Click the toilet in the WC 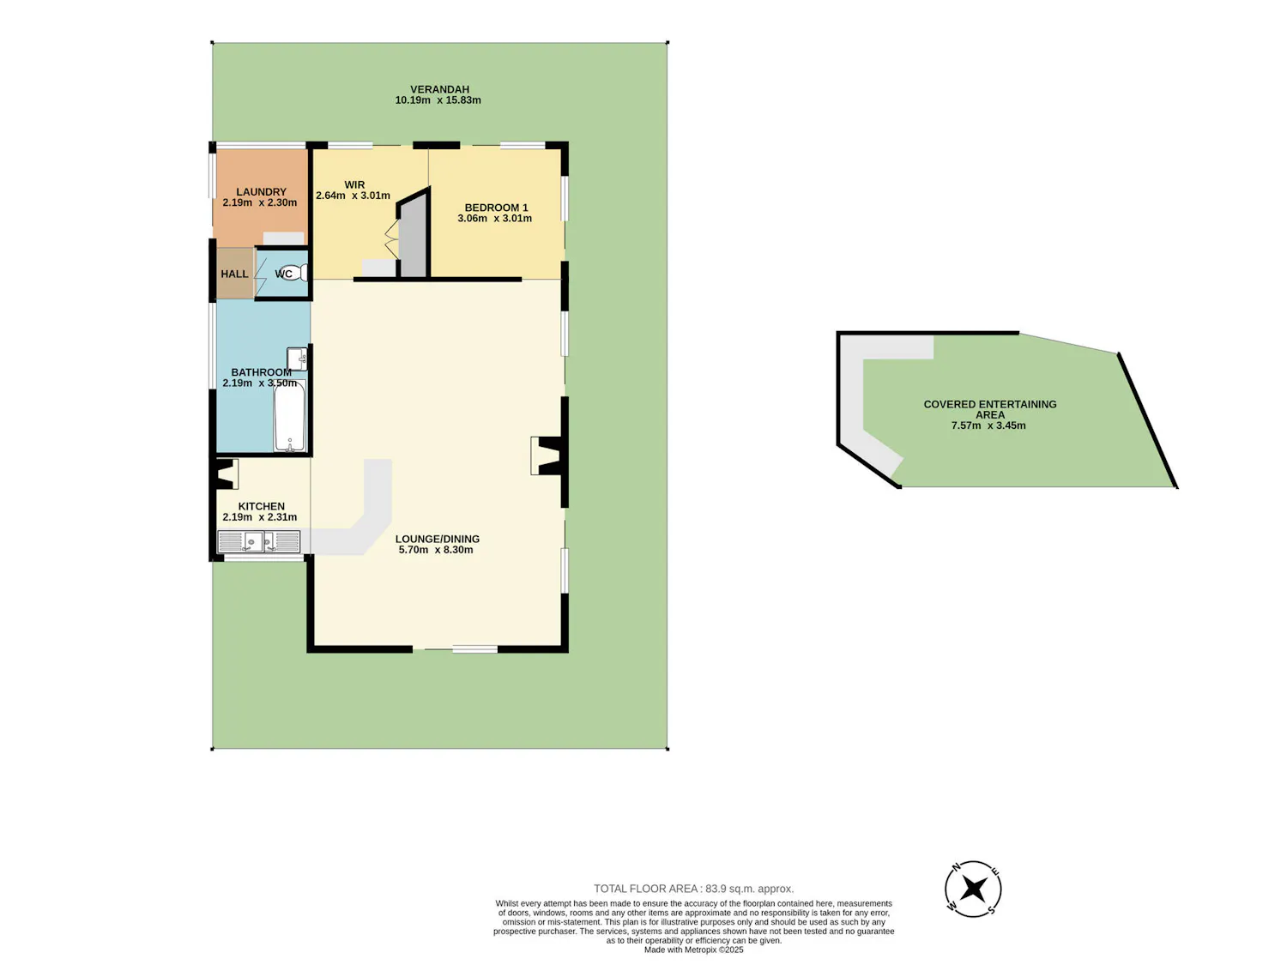pyautogui.click(x=295, y=273)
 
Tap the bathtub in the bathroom pyautogui.click(x=290, y=415)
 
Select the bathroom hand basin pyautogui.click(x=297, y=359)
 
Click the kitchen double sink pyautogui.click(x=258, y=541)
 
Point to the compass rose pyautogui.click(x=973, y=889)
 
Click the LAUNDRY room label pyautogui.click(x=261, y=191)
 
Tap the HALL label pyautogui.click(x=234, y=274)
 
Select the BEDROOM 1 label pyautogui.click(x=496, y=208)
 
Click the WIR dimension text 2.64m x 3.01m pyautogui.click(x=353, y=196)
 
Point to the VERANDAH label pyautogui.click(x=440, y=89)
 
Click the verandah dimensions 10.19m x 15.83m pyautogui.click(x=438, y=100)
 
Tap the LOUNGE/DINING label pyautogui.click(x=438, y=539)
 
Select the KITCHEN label pyautogui.click(x=262, y=506)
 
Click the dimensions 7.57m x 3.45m pyautogui.click(x=988, y=425)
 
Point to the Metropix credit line pyautogui.click(x=693, y=950)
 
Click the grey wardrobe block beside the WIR pyautogui.click(x=414, y=234)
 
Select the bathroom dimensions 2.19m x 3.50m pyautogui.click(x=260, y=383)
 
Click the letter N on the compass pyautogui.click(x=956, y=867)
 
